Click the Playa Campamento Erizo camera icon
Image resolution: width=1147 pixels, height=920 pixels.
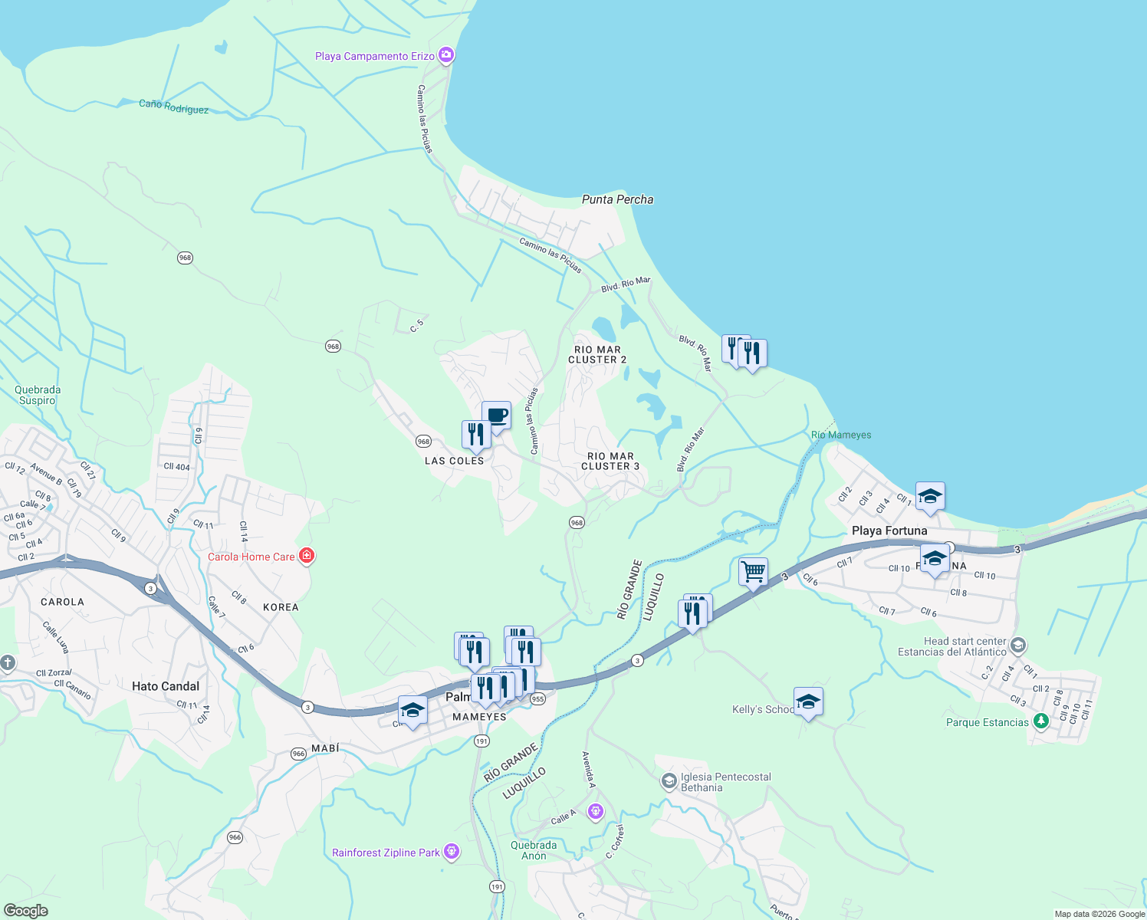coord(446,55)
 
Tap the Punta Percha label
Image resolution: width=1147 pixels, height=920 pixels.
coord(617,199)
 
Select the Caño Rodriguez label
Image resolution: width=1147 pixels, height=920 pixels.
coord(174,107)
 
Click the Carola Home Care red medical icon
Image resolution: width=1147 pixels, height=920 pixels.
coord(307,556)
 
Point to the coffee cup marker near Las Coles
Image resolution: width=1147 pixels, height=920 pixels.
coord(497,416)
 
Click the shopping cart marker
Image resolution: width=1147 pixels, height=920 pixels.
coord(754,571)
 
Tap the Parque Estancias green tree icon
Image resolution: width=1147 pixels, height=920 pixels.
coord(1040,721)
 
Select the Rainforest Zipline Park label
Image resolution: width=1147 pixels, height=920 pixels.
coord(386,853)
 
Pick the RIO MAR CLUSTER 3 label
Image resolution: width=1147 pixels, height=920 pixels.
coord(610,461)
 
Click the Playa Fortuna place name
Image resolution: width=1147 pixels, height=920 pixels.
coord(889,531)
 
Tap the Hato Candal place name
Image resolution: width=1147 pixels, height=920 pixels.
coord(166,686)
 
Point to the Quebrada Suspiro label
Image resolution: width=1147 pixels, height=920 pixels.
coord(38,395)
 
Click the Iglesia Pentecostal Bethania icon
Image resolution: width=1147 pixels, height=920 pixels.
coord(669,781)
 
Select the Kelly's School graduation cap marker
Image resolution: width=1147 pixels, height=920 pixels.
coord(808,701)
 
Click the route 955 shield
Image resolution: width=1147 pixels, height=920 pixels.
coord(537,698)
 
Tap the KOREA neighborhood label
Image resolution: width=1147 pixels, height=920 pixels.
coord(281,607)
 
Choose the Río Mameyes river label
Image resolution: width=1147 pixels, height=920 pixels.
coord(841,435)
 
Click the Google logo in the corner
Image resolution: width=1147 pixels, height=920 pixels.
coord(25,910)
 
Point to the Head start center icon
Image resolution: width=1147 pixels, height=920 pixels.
coord(1017,645)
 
